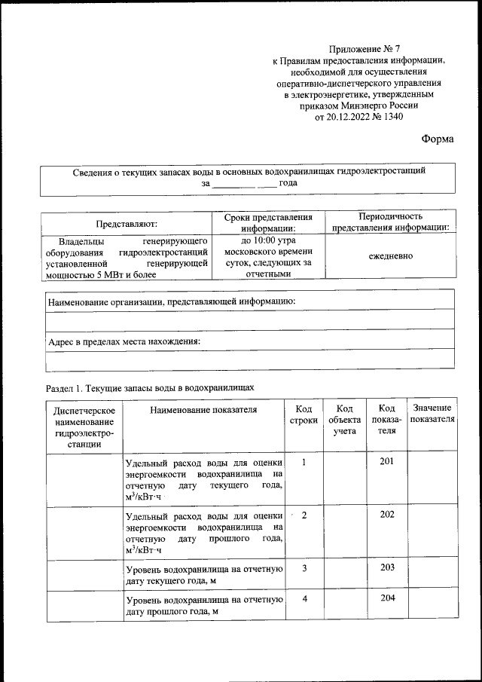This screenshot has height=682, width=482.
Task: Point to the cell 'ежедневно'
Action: tap(390, 256)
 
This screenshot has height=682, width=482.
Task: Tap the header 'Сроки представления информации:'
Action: tap(269, 222)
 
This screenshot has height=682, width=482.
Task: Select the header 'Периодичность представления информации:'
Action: tap(390, 222)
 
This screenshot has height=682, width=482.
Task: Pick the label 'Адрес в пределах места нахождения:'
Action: tap(124, 341)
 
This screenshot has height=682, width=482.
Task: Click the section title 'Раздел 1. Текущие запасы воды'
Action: tap(151, 387)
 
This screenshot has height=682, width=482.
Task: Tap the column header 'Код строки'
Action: tap(303, 415)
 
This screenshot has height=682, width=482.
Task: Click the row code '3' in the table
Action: tap(304, 567)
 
